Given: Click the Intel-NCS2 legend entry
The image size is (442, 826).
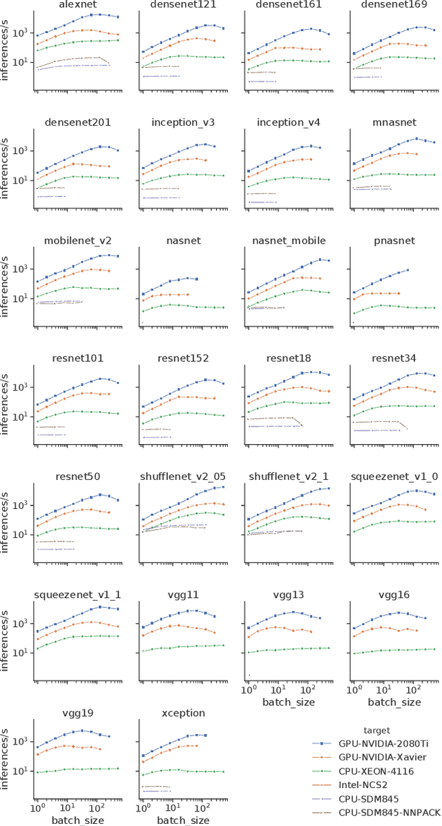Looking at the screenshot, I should (356, 785).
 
